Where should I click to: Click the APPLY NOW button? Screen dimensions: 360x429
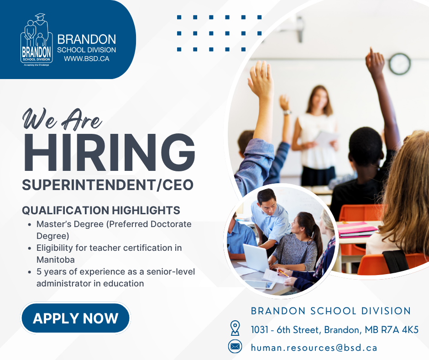[x=75, y=318]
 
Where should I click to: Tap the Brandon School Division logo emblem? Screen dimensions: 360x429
[x=36, y=40]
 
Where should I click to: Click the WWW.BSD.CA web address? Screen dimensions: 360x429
[x=86, y=58]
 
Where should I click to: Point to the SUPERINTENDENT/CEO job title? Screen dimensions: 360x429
[x=108, y=185]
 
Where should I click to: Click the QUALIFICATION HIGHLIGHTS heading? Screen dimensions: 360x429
[x=101, y=211]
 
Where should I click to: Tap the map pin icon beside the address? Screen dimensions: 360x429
[x=235, y=328]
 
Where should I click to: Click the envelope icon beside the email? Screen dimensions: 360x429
[x=235, y=347]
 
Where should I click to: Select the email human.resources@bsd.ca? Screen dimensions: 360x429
[x=314, y=348]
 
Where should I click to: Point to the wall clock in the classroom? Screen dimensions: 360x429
[x=399, y=64]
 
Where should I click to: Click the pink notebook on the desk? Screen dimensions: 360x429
[x=358, y=228]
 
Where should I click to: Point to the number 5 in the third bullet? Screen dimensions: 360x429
[x=39, y=272]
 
